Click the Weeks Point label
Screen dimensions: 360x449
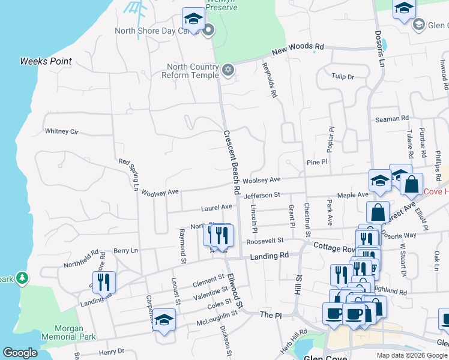point(46,61)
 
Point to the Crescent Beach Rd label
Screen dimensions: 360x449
point(232,163)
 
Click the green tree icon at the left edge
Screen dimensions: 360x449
point(22,278)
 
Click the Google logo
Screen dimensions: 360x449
point(20,353)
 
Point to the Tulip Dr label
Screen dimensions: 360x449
point(343,77)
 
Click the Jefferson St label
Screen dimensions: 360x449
point(262,195)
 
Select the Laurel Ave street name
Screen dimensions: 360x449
point(217,207)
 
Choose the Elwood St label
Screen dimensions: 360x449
point(235,290)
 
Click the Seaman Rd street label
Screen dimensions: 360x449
point(391,119)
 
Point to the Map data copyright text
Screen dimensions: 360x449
point(411,355)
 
